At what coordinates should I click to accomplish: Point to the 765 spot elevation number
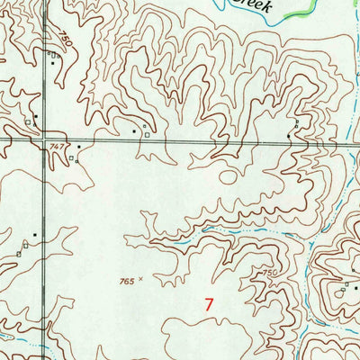tap(126, 282)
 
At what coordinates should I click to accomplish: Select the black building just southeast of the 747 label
tap(78, 147)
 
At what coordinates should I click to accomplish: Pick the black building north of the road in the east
tap(288, 135)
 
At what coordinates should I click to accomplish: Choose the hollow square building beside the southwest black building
tap(19, 255)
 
